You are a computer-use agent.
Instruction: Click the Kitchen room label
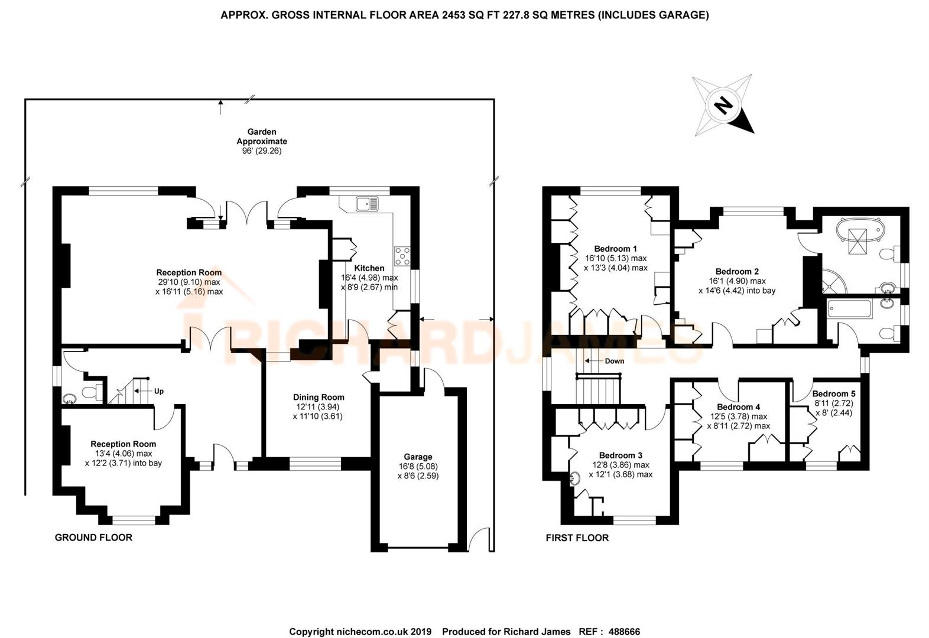point(369,268)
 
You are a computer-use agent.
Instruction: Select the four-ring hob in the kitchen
point(402,256)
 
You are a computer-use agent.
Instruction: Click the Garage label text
point(418,457)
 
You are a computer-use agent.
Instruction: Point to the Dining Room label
point(319,397)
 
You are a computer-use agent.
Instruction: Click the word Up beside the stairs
point(158,391)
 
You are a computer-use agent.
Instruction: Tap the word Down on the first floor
point(614,361)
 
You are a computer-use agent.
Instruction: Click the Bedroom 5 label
point(833,393)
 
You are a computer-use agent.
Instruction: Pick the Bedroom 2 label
point(736,272)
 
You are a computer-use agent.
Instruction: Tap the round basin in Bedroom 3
point(575,479)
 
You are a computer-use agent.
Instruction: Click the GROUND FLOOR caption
point(93,538)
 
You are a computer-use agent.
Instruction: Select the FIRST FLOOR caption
point(577,538)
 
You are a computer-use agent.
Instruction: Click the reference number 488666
point(620,632)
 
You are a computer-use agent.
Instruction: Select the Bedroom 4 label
point(738,407)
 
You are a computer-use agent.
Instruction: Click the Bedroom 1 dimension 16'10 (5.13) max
point(616,258)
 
